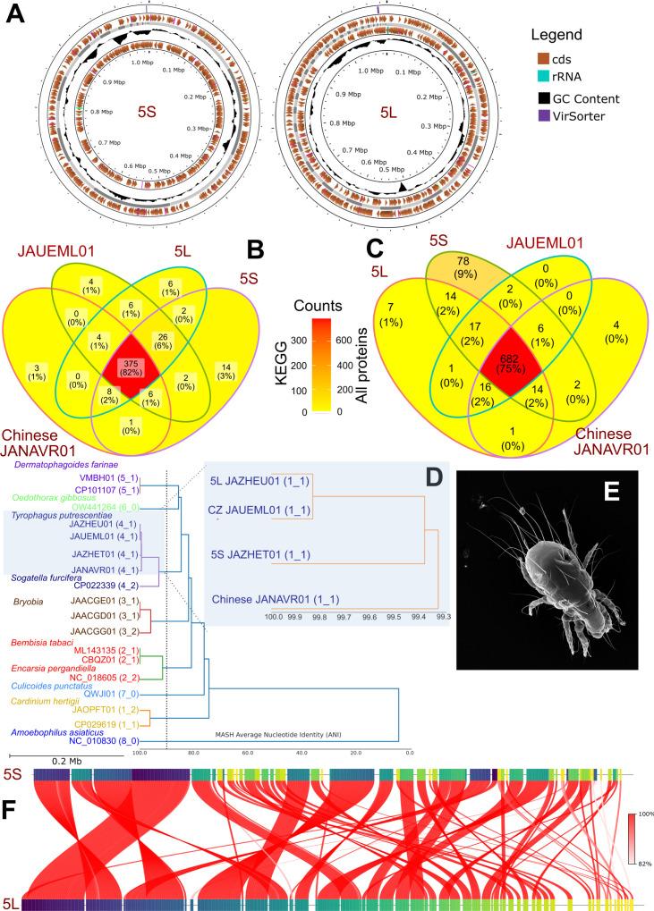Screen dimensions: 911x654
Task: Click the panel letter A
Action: pos(15,13)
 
